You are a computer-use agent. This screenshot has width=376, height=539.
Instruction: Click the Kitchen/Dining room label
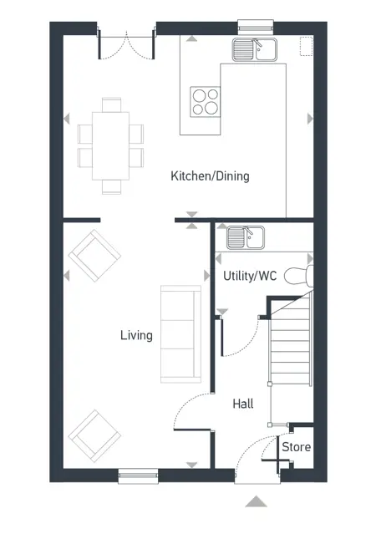[x=210, y=176]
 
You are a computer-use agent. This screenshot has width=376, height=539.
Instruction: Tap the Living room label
[x=136, y=336]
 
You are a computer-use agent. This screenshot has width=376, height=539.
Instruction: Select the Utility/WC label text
[x=251, y=275]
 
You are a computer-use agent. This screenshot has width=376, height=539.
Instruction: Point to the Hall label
[x=243, y=404]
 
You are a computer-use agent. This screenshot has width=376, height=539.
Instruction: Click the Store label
[x=296, y=447]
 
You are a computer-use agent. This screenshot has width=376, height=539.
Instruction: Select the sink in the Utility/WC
[x=245, y=237]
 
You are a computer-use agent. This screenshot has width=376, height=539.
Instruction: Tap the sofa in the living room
[x=180, y=333]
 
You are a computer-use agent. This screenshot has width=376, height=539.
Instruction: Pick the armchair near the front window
[x=94, y=435]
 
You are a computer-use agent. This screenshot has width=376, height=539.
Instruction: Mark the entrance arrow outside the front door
[x=257, y=501]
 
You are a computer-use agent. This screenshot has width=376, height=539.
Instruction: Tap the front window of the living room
[x=138, y=475]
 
